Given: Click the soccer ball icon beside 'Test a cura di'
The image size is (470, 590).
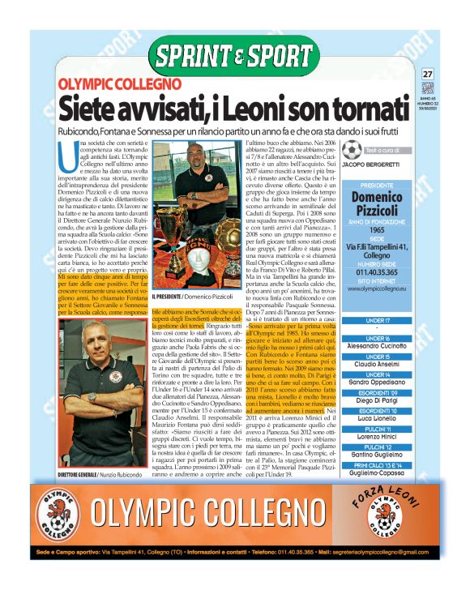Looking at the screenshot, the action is (351, 150).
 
